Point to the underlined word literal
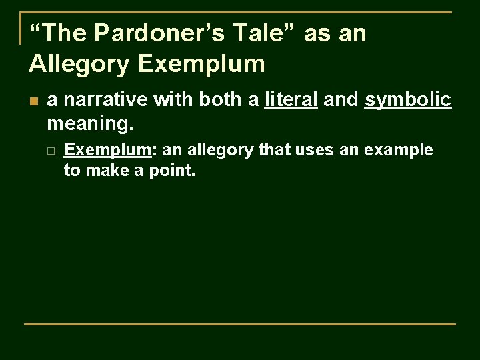coord(291,100)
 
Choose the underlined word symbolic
coord(408,100)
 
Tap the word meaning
coord(90,122)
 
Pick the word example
coord(399,151)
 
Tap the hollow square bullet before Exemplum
coord(51,151)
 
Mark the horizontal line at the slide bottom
coord(240,324)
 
